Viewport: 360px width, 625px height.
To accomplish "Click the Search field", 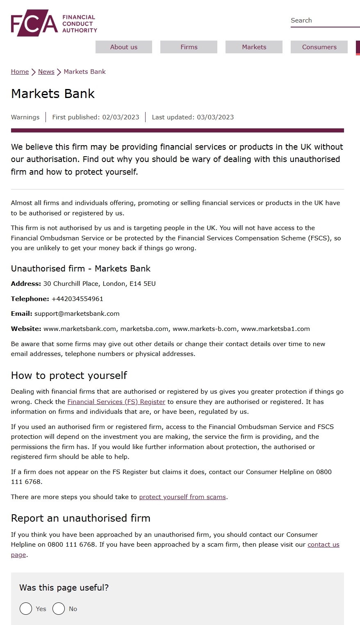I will [x=324, y=21].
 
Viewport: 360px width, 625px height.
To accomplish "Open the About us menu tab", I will [x=124, y=47].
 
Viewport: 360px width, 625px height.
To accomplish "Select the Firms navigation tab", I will [x=189, y=47].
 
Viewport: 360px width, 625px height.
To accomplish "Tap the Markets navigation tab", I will [x=254, y=47].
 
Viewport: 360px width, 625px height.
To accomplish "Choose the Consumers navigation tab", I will [x=319, y=47].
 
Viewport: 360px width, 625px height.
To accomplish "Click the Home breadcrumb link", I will [x=20, y=72].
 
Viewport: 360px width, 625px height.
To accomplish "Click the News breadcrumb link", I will [x=46, y=72].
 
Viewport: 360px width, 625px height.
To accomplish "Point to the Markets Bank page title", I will [x=53, y=94].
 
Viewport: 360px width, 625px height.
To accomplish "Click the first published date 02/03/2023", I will [x=121, y=117].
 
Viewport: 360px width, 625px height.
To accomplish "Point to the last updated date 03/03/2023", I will [x=215, y=117].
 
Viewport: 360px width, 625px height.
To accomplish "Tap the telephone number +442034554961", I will [x=77, y=299].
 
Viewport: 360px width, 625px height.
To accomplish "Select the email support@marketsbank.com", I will [x=77, y=314].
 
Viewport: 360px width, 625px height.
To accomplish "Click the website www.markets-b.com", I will [x=205, y=329].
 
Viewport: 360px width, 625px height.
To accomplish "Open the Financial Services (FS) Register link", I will [x=116, y=402].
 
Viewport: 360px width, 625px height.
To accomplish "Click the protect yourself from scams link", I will [x=182, y=497].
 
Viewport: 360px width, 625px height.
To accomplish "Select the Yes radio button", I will [x=26, y=609].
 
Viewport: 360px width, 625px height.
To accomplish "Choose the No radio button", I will [x=59, y=609].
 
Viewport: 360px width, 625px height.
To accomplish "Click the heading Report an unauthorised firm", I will [x=80, y=518].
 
